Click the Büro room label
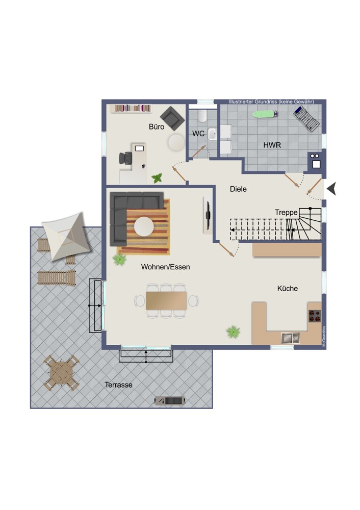click(x=157, y=126)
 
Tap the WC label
click(x=198, y=133)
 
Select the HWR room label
click(x=272, y=145)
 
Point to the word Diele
click(x=238, y=189)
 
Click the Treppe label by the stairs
click(x=286, y=212)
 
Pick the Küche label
click(x=288, y=288)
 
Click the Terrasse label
click(x=118, y=385)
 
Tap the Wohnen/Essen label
click(x=166, y=267)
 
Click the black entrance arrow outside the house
click(x=331, y=189)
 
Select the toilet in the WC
click(x=202, y=116)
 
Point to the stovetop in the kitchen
click(x=315, y=316)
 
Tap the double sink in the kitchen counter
click(x=290, y=338)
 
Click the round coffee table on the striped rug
click(x=144, y=226)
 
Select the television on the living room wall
click(x=207, y=215)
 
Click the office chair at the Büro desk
click(x=125, y=159)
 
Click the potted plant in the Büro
click(x=157, y=178)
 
